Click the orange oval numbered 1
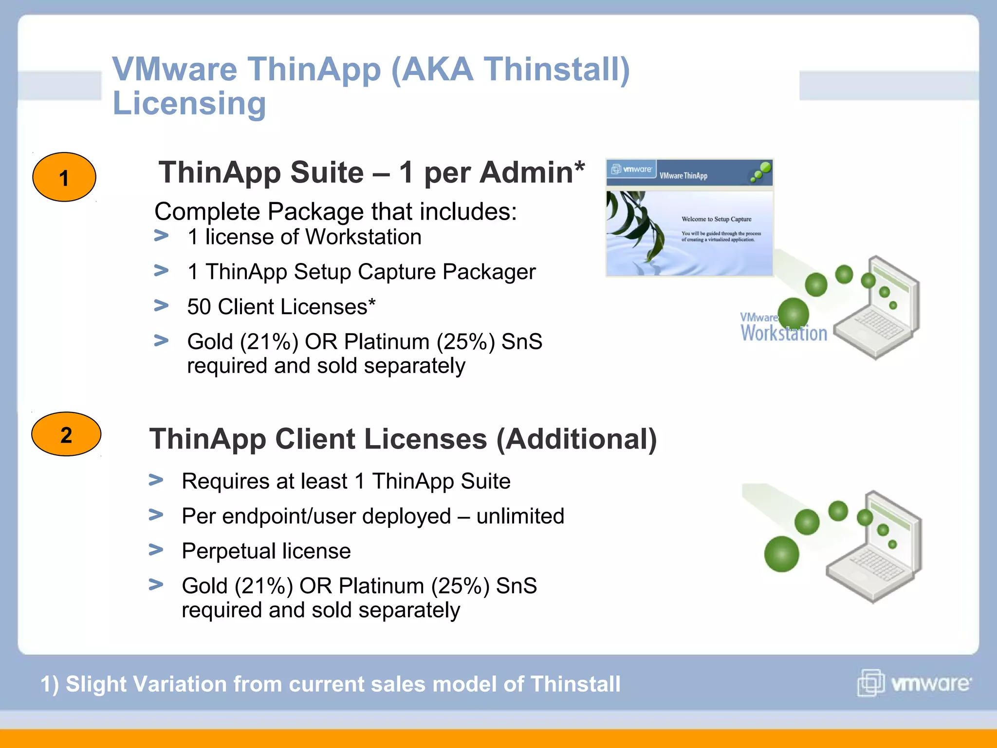[64, 177]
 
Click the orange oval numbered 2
[66, 434]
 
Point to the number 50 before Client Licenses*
[199, 307]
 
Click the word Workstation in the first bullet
[363, 237]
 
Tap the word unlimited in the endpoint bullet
[520, 516]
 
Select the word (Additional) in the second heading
[576, 439]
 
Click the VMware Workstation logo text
[783, 328]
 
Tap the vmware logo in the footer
[914, 683]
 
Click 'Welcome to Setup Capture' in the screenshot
[716, 219]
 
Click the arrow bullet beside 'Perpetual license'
[156, 550]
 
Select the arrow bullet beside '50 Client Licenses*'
[161, 305]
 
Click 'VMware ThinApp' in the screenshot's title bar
[683, 176]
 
